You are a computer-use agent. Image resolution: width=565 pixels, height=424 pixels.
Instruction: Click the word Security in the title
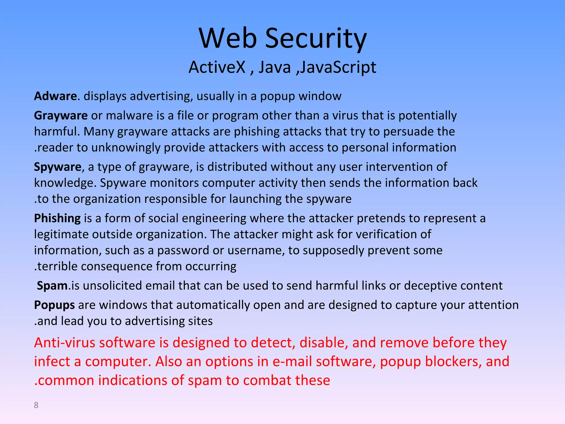pyautogui.click(x=316, y=39)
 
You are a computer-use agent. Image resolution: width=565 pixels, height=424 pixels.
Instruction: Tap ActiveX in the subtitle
pyautogui.click(x=217, y=67)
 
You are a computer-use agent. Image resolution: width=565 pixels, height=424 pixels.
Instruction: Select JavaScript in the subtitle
pyautogui.click(x=338, y=67)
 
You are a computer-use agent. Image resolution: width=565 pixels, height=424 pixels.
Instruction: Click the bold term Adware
pyautogui.click(x=55, y=96)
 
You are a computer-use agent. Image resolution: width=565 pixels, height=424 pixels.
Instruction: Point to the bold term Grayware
pyautogui.click(x=61, y=115)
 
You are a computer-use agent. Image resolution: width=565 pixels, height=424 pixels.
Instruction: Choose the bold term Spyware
pyautogui.click(x=58, y=167)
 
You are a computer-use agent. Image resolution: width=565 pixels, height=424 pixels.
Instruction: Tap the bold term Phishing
pyautogui.click(x=57, y=218)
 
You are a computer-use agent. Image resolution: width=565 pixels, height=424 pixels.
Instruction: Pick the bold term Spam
pyautogui.click(x=52, y=285)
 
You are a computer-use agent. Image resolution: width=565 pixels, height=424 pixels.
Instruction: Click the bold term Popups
pyautogui.click(x=54, y=305)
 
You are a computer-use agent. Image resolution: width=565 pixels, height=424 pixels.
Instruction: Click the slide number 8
pyautogui.click(x=36, y=405)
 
